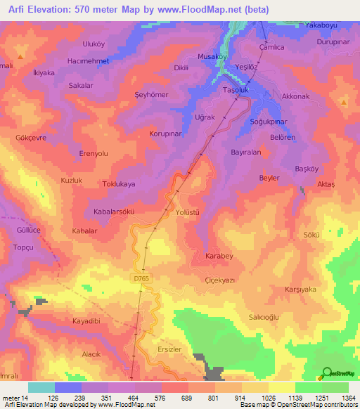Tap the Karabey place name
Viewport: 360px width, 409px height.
coord(219,256)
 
